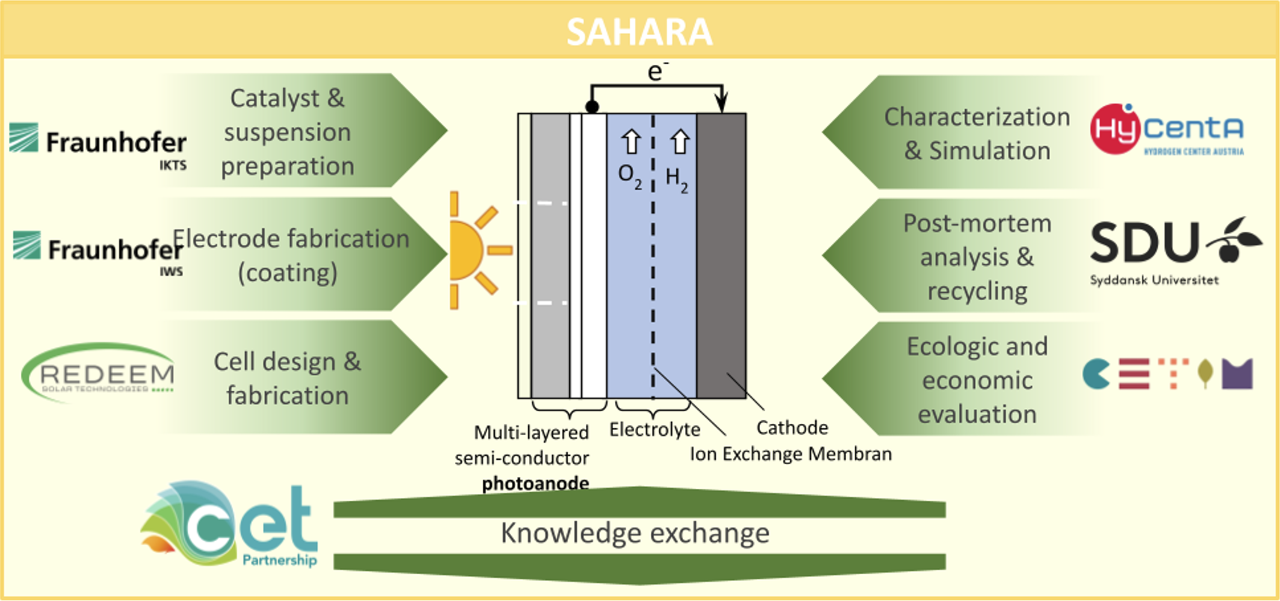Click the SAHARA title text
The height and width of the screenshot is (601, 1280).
(639, 31)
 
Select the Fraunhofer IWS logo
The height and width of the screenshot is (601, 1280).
(99, 250)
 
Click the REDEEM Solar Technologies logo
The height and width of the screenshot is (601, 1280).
(99, 374)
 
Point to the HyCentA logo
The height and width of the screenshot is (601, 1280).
(1167, 130)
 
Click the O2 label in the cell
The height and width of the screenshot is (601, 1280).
(630, 176)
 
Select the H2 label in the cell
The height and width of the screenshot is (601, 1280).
(677, 179)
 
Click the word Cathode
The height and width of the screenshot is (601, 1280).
(792, 428)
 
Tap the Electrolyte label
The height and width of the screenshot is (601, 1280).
(655, 430)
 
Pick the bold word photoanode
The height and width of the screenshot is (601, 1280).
(535, 484)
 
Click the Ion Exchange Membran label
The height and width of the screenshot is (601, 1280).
(791, 454)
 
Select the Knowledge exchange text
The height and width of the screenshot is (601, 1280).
(635, 533)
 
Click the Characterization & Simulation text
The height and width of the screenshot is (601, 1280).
(977, 134)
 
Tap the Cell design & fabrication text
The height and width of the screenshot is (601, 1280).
(288, 378)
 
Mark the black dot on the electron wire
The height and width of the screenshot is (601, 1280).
(592, 107)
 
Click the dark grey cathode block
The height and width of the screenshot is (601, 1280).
(721, 254)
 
